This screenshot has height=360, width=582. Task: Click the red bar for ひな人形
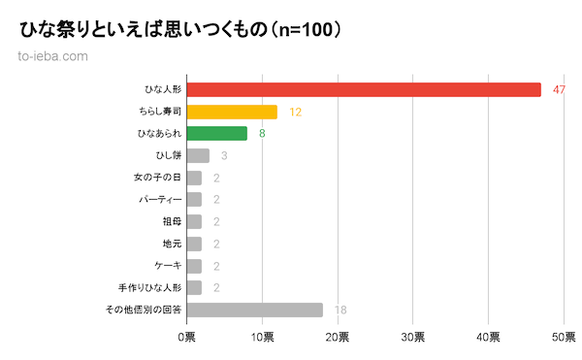coord(364,89)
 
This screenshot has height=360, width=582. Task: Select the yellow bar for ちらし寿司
coord(232,112)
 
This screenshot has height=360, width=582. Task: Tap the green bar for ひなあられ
coord(216,134)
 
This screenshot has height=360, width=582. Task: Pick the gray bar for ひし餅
coord(198,155)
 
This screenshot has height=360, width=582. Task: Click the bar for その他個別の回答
coord(254,310)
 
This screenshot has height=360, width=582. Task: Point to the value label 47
coord(559,89)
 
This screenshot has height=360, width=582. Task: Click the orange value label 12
coord(296,112)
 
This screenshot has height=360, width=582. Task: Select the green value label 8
coord(262,134)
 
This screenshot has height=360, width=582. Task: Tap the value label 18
coord(340,310)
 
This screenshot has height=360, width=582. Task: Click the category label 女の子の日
coord(157,178)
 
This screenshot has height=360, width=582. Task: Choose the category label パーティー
coord(160,200)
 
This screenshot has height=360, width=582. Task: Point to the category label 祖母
coord(172,221)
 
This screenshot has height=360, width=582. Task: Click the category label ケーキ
coord(167,265)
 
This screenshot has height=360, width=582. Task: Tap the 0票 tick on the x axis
coord(186,337)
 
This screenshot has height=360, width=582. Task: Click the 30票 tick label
coord(412,337)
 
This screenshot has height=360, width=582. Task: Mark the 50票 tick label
coord(564,337)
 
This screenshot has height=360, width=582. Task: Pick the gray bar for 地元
coord(193,244)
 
